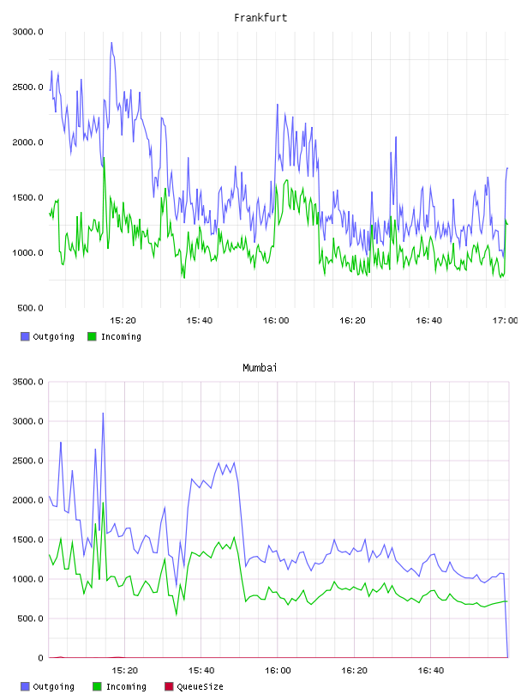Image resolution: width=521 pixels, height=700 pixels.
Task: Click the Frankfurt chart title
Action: [x=260, y=18]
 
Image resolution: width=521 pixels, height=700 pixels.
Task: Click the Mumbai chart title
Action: [x=260, y=368]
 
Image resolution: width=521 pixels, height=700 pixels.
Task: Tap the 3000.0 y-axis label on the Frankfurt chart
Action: [x=28, y=32]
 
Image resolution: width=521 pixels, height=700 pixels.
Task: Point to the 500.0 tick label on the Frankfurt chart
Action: [x=30, y=308]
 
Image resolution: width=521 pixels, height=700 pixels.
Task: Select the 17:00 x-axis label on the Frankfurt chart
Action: [x=506, y=321]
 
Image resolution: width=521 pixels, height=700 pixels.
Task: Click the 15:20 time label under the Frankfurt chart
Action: [x=123, y=321]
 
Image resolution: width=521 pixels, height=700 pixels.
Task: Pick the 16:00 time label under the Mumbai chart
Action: [x=278, y=671]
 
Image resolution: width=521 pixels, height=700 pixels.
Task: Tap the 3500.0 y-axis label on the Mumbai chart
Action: [x=28, y=382]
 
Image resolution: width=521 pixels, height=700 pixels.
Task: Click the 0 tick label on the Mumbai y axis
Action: [x=40, y=658]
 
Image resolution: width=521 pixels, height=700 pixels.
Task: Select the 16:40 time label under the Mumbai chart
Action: [x=431, y=671]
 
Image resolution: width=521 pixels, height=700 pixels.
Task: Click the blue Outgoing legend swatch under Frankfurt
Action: [x=25, y=336]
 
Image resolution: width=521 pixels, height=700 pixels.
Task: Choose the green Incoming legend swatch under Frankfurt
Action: [x=92, y=336]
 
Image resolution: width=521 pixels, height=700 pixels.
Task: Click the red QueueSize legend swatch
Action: [x=169, y=686]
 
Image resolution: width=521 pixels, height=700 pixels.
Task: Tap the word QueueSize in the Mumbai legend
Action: [x=200, y=686]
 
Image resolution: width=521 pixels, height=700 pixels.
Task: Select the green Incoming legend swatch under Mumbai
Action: [x=97, y=686]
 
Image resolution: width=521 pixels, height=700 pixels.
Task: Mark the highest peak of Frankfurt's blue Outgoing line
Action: [x=111, y=42]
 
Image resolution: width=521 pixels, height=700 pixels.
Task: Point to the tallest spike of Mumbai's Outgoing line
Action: [x=103, y=413]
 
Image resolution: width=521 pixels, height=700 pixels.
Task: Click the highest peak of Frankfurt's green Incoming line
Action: [x=104, y=158]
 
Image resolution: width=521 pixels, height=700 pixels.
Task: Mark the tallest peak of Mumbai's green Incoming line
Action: [x=103, y=503]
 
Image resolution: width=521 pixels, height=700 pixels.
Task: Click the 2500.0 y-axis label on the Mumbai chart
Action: [x=28, y=461]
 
